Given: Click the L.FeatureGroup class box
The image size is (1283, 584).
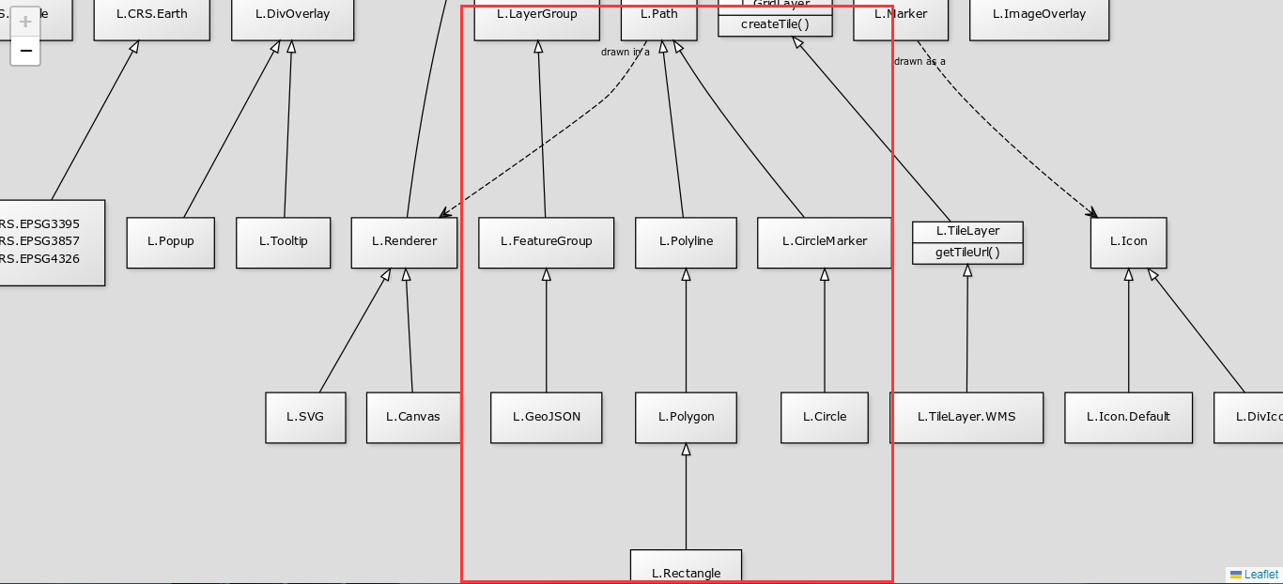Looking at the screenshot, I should click(x=546, y=242).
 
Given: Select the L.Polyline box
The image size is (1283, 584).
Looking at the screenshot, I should click(x=686, y=242).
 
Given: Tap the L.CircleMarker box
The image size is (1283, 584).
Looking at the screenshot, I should click(x=824, y=242).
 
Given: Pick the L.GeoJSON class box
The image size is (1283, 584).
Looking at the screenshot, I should click(x=546, y=417).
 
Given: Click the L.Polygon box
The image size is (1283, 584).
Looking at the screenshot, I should click(x=686, y=417).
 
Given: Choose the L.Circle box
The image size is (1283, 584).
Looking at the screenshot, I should click(x=824, y=417).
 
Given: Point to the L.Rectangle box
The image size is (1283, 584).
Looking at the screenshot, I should click(x=686, y=567).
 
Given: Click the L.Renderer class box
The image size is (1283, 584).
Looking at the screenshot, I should click(x=404, y=242).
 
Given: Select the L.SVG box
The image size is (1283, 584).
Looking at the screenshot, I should click(x=305, y=417).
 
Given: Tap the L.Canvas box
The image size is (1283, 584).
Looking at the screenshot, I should click(x=413, y=417).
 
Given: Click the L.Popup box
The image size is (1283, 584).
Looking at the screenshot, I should click(x=170, y=242).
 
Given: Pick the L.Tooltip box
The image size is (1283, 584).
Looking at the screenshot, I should click(x=283, y=242).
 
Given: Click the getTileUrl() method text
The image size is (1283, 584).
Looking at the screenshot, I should click(x=967, y=253).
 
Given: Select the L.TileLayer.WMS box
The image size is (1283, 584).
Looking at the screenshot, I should click(x=966, y=417).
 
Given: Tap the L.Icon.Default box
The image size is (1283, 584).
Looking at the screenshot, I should click(x=1128, y=417).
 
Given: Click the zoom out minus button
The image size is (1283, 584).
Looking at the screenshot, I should click(x=25, y=51).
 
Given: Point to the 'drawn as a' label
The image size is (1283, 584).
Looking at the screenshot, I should click(x=920, y=62).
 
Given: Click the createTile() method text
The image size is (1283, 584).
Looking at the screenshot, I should click(x=775, y=24).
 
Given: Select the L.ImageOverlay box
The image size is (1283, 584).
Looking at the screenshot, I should click(x=1039, y=15).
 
